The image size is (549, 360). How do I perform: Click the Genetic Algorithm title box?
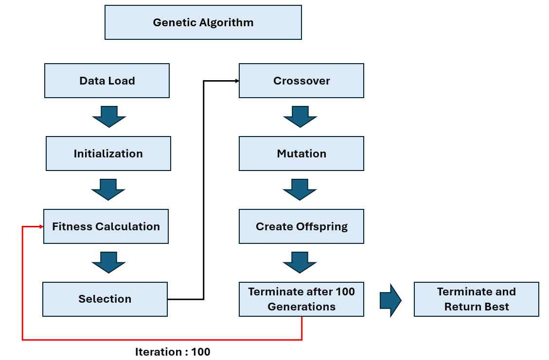coord(203,22)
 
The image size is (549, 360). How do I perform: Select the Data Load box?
coord(107,81)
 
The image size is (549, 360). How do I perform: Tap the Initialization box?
coord(108,154)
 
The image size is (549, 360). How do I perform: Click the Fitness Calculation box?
coord(106,226)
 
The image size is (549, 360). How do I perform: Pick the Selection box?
coord(105,299)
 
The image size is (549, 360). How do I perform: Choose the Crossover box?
coord(301,81)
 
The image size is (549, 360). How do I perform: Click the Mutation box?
coord(301,154)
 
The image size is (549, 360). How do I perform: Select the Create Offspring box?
coord(301,226)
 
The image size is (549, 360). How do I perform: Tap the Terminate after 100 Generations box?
coord(301,299)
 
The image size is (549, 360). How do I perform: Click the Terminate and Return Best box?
coord(477,299)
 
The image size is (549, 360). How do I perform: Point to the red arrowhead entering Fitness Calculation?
coord(41,226)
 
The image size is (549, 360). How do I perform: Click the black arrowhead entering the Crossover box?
coord(237,81)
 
